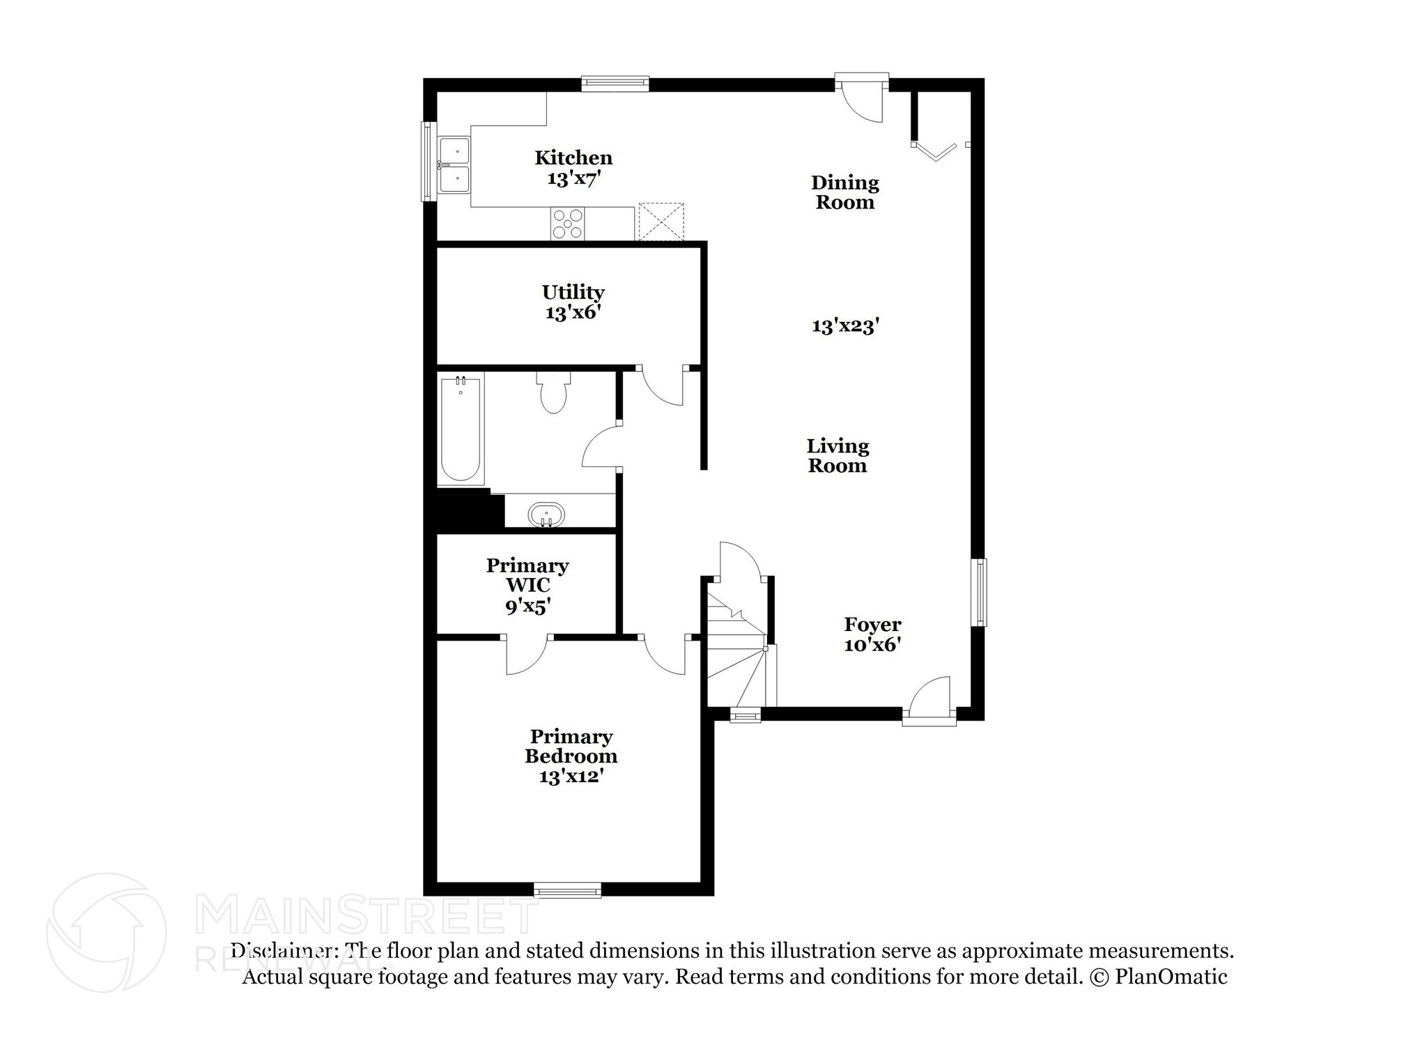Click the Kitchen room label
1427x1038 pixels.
[573, 158]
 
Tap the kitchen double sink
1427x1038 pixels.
[454, 165]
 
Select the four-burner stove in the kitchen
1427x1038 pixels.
[568, 223]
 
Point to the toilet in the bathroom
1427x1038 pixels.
[553, 394]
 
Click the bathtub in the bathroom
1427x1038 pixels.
[461, 429]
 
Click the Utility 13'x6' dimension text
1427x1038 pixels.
[573, 312]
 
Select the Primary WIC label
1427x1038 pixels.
[527, 575]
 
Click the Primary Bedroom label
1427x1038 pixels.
[571, 746]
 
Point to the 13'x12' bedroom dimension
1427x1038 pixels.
[571, 776]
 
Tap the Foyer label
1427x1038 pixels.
[872, 624]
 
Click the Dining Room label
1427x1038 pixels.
[844, 192]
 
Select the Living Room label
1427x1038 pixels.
[838, 456]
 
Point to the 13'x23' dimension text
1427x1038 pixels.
[846, 326]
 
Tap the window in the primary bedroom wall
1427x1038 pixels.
[567, 890]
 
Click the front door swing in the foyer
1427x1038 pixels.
[930, 696]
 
